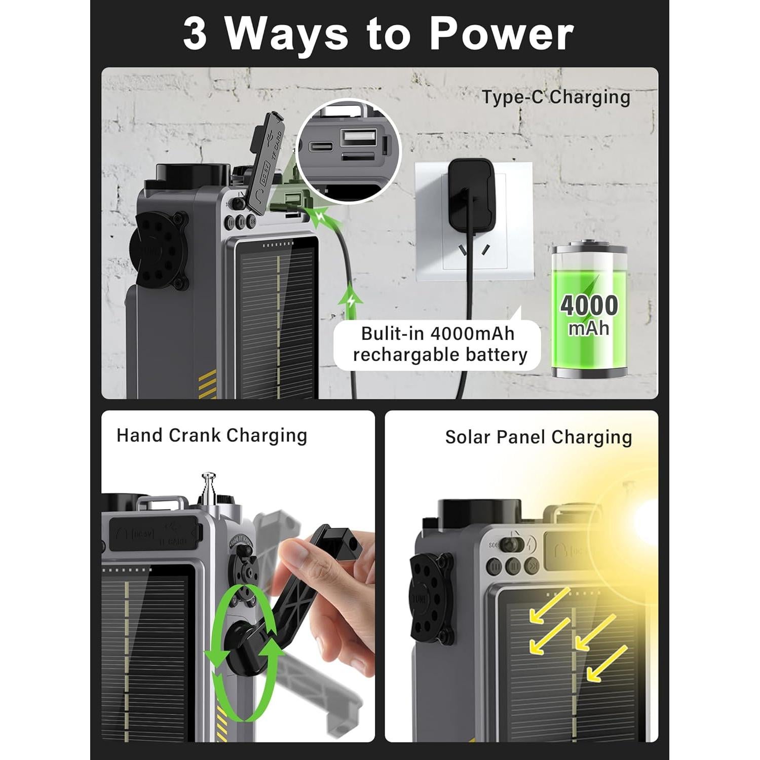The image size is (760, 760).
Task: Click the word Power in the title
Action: [501, 34]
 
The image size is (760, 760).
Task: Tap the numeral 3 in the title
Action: [195, 34]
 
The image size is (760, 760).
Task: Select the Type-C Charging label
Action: [556, 97]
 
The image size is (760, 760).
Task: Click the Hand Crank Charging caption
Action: [212, 435]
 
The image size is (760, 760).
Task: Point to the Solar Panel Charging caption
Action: [539, 437]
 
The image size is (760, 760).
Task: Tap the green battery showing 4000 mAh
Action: [589, 311]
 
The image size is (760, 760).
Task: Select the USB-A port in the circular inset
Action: [358, 138]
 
